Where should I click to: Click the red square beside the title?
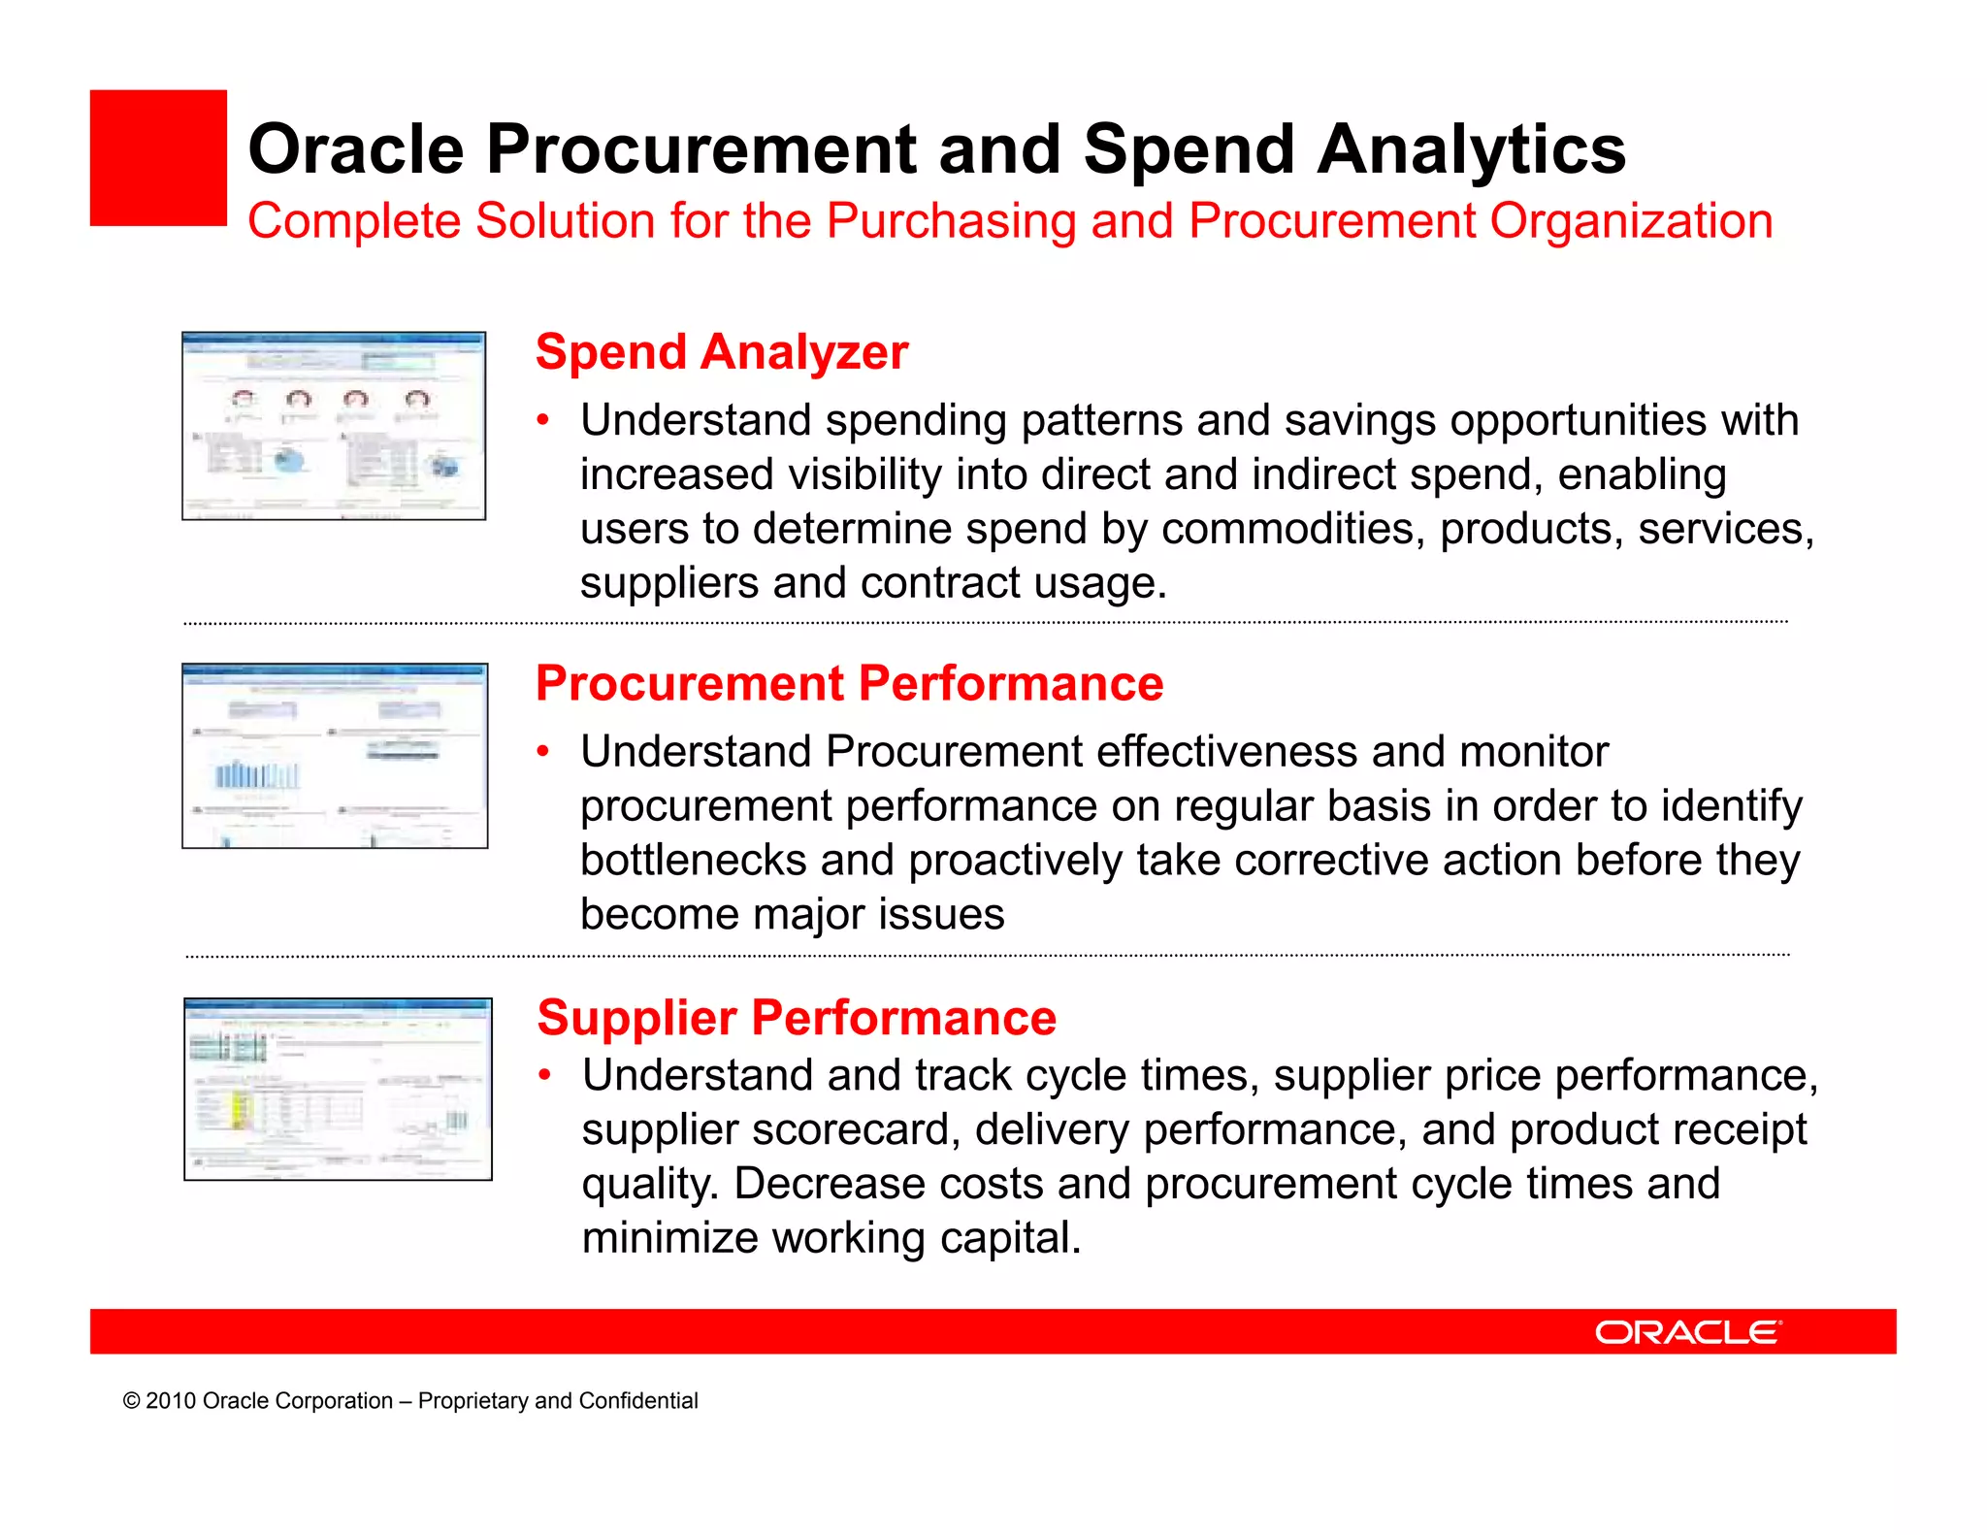[158, 158]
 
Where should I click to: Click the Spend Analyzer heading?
[722, 351]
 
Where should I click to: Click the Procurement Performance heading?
[849, 683]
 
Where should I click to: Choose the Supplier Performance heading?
[797, 1018]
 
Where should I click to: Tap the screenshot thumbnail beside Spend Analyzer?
[334, 426]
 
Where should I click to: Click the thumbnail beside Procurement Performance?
[335, 756]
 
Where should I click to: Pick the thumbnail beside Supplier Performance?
[338, 1089]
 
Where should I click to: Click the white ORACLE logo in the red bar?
[1687, 1332]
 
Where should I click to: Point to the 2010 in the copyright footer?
[171, 1401]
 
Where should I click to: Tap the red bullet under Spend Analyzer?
[544, 421]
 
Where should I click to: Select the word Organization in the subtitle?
[1631, 221]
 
